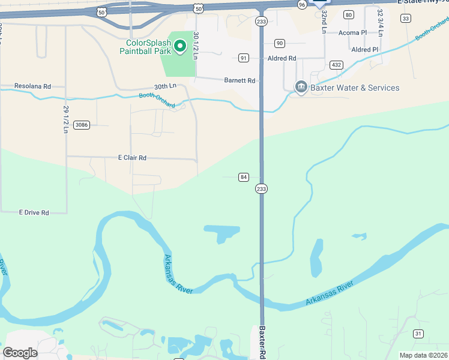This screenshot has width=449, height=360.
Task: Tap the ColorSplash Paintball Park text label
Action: tap(149, 47)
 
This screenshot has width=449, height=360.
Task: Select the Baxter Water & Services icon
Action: tap(301, 88)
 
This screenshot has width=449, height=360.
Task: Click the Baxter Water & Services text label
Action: tap(355, 88)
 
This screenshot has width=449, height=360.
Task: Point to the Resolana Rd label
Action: tap(32, 86)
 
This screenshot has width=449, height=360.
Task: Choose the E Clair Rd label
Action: tap(132, 158)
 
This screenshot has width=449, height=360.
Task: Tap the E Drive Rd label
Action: tap(34, 212)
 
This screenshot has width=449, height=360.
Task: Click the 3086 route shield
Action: tap(81, 125)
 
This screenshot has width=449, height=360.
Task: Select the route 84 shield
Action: tap(243, 177)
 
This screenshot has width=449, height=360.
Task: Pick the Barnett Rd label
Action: tap(240, 80)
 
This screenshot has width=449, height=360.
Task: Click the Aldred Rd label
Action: tap(282, 58)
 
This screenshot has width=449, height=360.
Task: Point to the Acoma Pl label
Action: tap(352, 33)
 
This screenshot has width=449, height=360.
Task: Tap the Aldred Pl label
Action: tap(365, 50)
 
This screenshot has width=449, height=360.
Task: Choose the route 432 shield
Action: tap(336, 65)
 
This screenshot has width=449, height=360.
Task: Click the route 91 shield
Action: tap(243, 58)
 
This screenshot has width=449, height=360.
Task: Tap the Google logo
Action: tap(20, 353)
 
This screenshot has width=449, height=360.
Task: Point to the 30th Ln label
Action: tap(164, 86)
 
